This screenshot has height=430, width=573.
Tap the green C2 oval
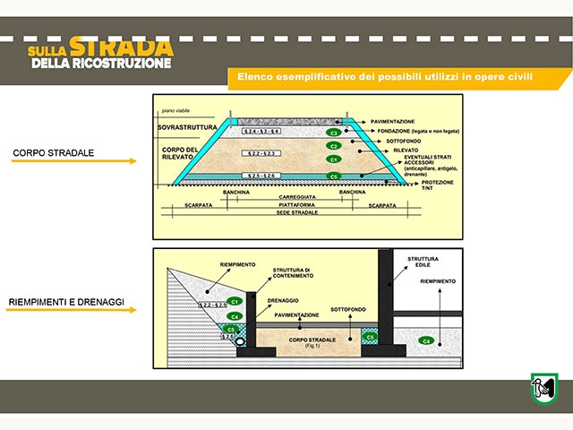[x=333, y=145]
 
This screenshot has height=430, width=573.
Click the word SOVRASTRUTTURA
[x=185, y=129]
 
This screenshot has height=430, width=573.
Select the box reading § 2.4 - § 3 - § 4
[x=262, y=132]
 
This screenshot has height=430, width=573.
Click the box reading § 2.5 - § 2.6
[x=262, y=176]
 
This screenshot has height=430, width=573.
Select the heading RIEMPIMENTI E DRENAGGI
[x=66, y=303]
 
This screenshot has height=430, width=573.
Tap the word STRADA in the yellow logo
[x=133, y=46]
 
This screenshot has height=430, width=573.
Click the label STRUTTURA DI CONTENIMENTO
[x=292, y=274]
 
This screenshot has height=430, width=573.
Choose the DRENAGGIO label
[x=283, y=301]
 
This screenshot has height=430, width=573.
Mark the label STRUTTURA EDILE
[x=423, y=262]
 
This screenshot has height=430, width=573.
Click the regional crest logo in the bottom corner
[x=543, y=389]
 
